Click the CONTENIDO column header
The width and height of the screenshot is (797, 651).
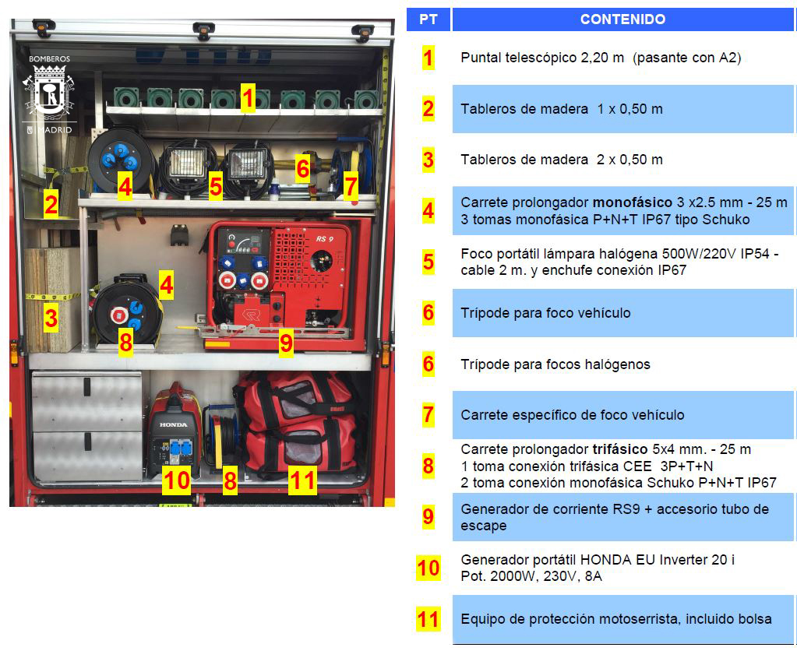[x=622, y=19]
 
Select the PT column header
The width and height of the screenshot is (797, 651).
[x=428, y=19]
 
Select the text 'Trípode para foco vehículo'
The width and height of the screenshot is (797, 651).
[x=545, y=313]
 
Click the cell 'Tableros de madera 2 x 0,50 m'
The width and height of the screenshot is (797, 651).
[x=562, y=160]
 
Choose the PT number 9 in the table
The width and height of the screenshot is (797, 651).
[x=428, y=517]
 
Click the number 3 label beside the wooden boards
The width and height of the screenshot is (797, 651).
[x=51, y=318]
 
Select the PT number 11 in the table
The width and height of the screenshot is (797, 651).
[x=428, y=619]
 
